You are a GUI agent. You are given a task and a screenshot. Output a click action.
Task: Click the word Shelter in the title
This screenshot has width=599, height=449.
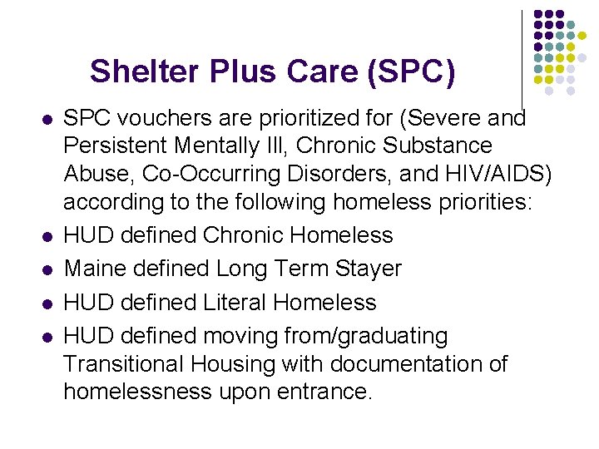(137, 72)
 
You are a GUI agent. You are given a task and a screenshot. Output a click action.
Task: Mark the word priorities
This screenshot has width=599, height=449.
(488, 202)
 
